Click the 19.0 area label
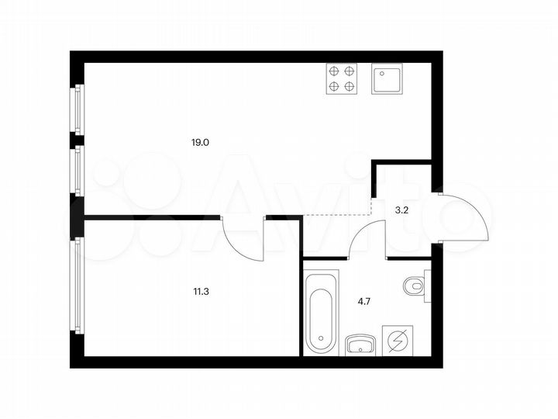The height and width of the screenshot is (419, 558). [x=201, y=143]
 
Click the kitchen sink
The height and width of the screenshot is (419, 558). [x=387, y=78]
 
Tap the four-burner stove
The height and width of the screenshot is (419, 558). [x=341, y=78]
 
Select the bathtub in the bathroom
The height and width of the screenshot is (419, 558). [x=321, y=310]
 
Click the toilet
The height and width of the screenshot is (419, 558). [x=415, y=287]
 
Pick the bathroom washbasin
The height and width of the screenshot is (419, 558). [x=360, y=342]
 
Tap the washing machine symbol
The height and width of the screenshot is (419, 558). [x=400, y=340]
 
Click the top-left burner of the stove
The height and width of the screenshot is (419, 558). [x=334, y=71]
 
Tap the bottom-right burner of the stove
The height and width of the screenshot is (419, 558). [x=349, y=86]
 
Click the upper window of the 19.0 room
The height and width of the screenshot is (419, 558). [x=77, y=109]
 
